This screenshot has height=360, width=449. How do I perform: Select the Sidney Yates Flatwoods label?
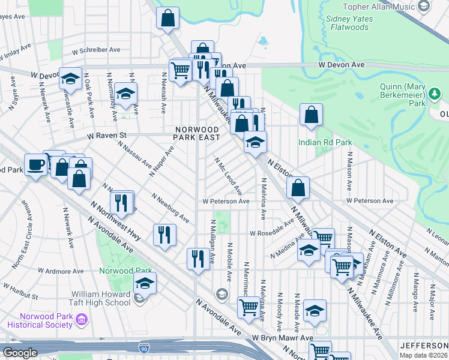pyautogui.click(x=350, y=23)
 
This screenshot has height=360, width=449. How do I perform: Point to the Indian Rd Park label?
pyautogui.click(x=325, y=142)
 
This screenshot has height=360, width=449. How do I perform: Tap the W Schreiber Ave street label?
pyautogui.click(x=96, y=50)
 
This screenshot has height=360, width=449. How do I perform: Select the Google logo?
pyautogui.click(x=19, y=353)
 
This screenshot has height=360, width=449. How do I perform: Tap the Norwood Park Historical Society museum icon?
pyautogui.click(x=82, y=321)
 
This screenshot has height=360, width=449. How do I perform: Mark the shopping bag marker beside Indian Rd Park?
pyautogui.click(x=311, y=116)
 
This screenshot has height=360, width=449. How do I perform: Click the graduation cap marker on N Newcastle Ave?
pyautogui.click(x=70, y=80)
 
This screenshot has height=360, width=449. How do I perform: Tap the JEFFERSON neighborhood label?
pyautogui.click(x=424, y=346)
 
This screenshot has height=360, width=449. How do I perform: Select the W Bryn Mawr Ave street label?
pyautogui.click(x=283, y=338)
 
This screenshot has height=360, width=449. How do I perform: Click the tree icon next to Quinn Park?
pyautogui.click(x=433, y=94)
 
